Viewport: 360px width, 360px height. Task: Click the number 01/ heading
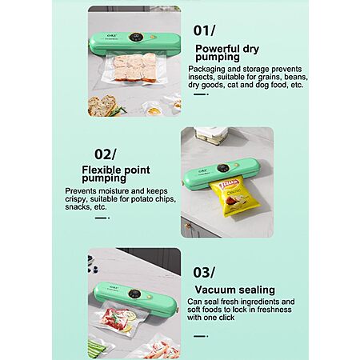204,30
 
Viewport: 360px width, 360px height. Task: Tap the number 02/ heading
106,154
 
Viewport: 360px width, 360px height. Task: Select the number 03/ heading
204,273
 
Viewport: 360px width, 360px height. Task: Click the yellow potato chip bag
234,198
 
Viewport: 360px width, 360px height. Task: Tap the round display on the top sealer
135,38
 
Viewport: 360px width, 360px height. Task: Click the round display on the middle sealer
223,168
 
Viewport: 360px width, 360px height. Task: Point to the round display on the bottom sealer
134,294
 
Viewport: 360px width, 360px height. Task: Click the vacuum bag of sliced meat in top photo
134,69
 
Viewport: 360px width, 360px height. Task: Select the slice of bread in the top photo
102,106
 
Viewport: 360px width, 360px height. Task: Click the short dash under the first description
201,94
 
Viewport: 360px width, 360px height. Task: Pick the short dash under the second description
102,218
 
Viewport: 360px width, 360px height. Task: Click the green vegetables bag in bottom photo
99,349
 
